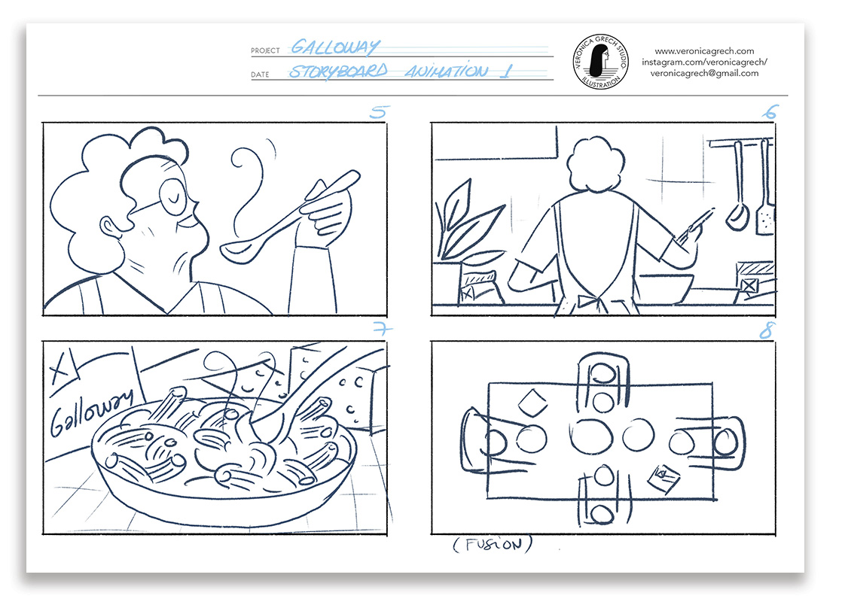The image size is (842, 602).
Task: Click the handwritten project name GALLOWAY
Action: click(335, 47)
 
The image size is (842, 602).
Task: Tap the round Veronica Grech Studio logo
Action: click(600, 62)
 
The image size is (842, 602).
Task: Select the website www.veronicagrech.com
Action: click(704, 51)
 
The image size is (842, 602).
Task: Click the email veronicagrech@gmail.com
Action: click(704, 74)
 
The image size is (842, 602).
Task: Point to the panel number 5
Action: click(379, 111)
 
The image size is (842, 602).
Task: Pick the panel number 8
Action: click(767, 330)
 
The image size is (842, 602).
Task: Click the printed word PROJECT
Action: click(265, 50)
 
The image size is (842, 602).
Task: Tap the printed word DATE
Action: click(260, 74)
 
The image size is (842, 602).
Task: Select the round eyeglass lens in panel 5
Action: click(173, 197)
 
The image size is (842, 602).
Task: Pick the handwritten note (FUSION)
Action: click(493, 545)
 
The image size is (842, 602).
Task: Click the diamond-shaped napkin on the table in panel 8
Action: click(532, 403)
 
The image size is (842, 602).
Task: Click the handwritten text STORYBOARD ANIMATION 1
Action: click(401, 71)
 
